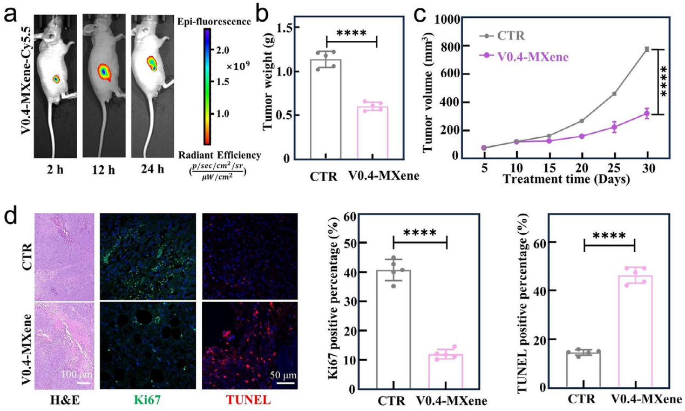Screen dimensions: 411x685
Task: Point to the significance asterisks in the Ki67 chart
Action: pyautogui.click(x=420, y=233)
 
